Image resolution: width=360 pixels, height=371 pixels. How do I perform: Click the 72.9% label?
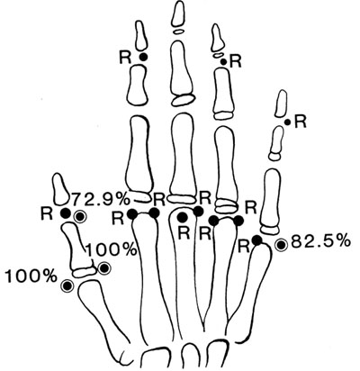100,198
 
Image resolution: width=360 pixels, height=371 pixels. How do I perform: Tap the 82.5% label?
320,240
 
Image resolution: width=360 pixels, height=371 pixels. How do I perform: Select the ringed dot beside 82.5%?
281,245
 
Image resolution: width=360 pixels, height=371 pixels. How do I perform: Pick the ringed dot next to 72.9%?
81,216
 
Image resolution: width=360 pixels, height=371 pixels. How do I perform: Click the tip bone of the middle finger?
178,13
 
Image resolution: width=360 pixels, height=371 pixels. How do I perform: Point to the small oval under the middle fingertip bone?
178,31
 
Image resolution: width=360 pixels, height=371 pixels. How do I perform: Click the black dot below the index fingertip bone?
143,57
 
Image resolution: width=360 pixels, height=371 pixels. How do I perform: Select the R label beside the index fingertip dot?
126,58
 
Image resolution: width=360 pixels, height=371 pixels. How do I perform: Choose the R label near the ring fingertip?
235,62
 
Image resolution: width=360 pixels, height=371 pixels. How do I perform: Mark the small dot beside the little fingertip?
287,122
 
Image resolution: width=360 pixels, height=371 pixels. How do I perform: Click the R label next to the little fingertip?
300,122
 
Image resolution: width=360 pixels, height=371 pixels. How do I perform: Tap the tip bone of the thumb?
61,189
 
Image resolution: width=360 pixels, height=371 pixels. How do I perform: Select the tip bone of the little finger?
281,104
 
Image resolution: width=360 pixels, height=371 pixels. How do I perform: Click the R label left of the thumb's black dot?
47,213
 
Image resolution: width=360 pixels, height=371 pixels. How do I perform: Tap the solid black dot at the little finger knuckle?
256,240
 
